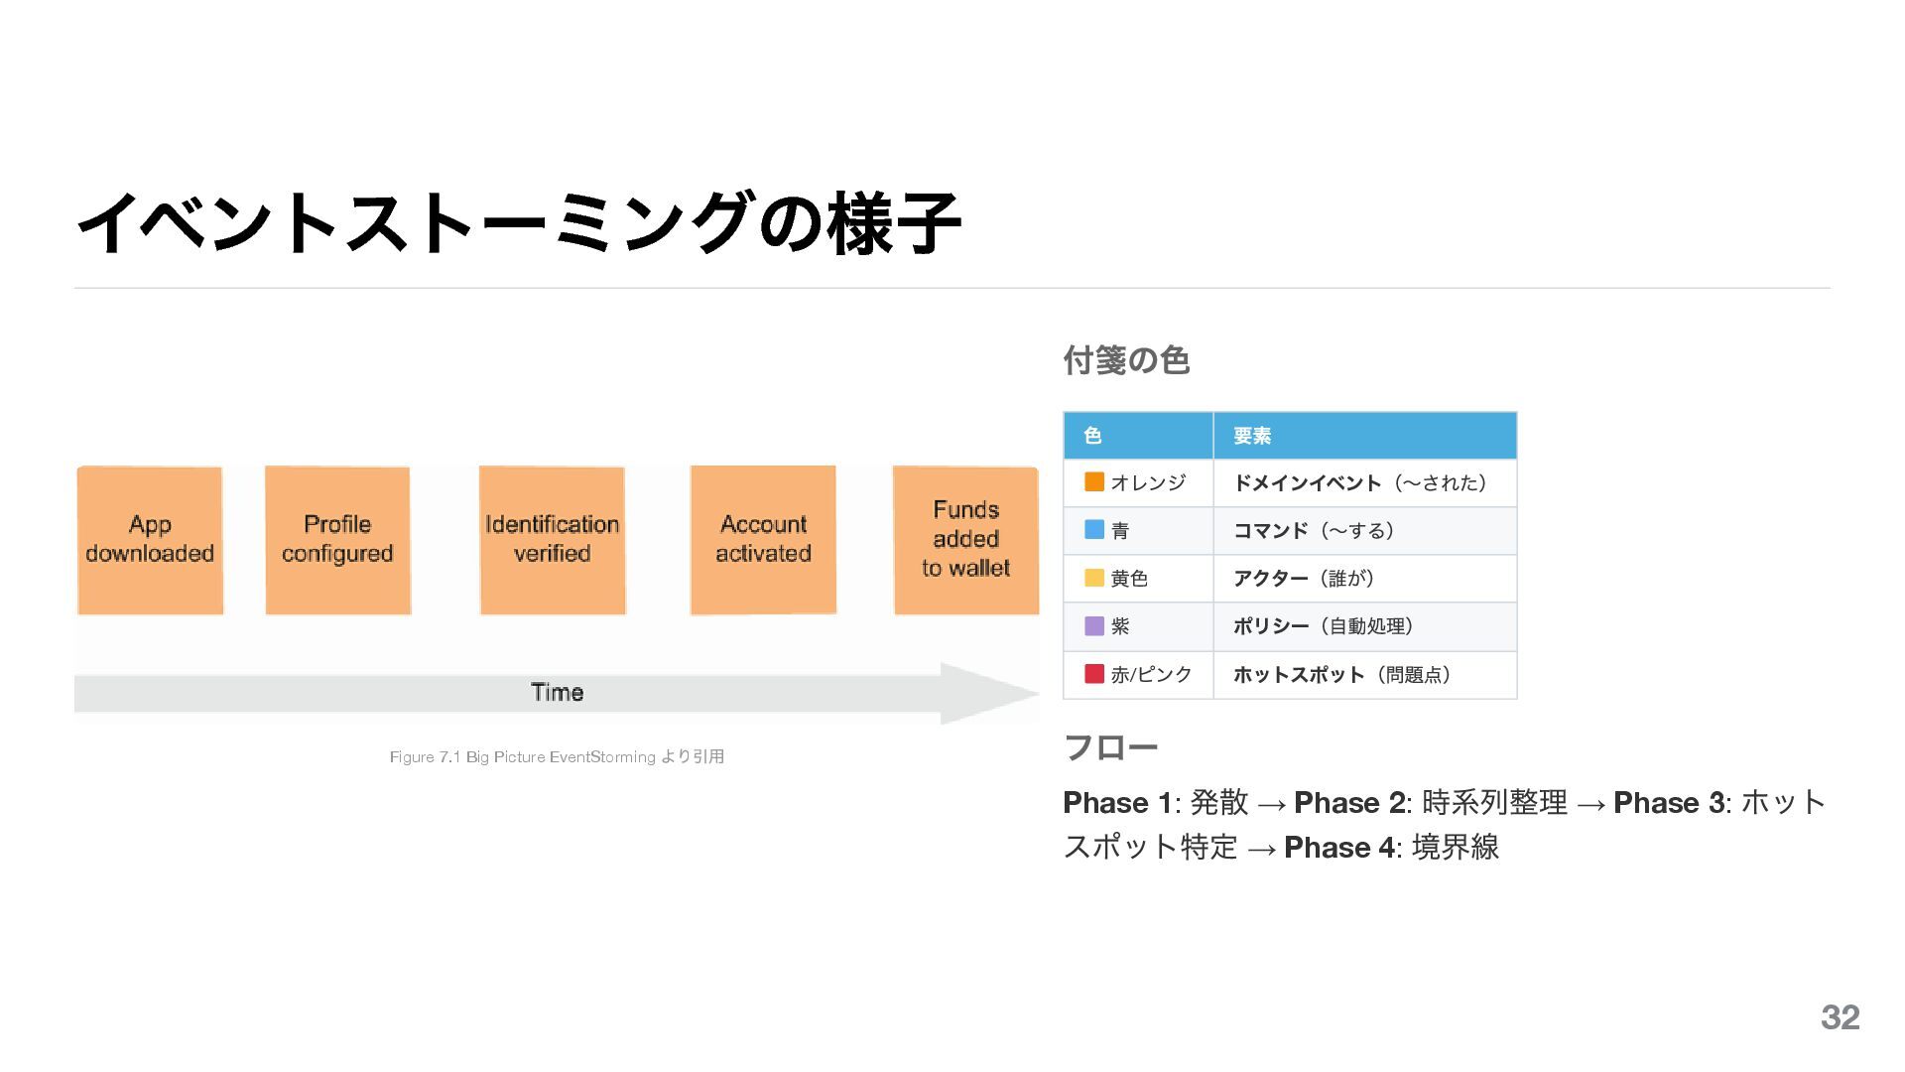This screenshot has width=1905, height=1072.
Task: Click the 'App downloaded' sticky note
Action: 150,540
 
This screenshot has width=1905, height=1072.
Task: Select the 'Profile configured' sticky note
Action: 337,540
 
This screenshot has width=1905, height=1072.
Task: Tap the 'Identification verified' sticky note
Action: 552,540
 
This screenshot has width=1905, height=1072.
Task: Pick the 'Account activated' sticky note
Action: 763,540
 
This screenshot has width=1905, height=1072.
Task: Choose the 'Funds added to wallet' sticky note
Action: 965,540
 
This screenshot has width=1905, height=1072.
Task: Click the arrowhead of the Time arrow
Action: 987,693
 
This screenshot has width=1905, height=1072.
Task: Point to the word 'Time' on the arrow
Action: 557,693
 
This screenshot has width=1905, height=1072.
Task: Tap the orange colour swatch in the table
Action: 1094,482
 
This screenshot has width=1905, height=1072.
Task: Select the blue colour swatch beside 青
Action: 1094,530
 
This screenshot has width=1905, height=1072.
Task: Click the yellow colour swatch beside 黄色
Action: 1094,578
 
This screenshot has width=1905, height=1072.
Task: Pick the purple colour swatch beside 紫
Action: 1094,626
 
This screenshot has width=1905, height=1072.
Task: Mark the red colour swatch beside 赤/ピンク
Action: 1094,674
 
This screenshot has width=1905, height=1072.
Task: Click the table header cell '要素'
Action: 1252,436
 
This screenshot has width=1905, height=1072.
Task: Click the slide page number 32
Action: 1840,1017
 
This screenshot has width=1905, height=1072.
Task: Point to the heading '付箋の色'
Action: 1126,359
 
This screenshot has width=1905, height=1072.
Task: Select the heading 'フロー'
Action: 1110,746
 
